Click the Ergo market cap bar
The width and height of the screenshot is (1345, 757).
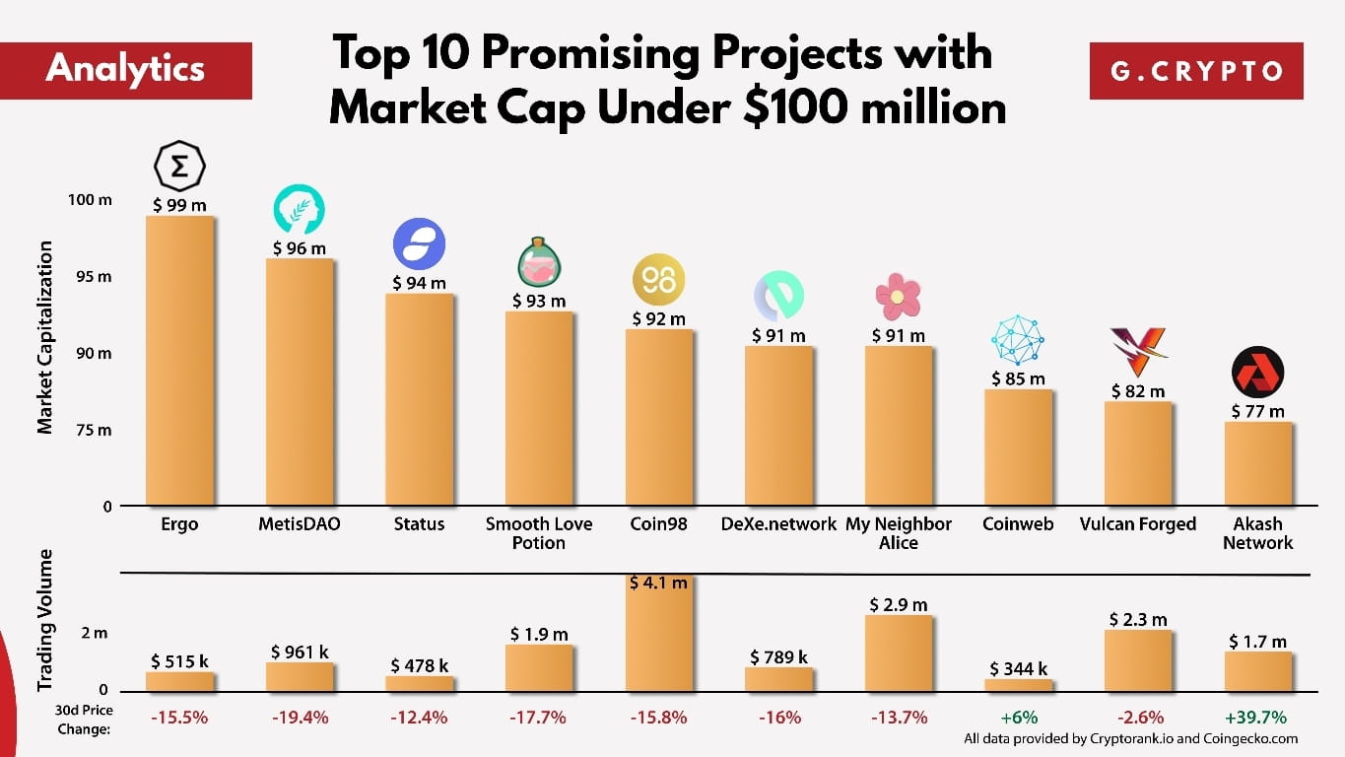[x=179, y=360]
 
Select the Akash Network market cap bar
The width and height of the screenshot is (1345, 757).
[x=1258, y=463]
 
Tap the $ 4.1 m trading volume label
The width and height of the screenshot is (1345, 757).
[x=659, y=583]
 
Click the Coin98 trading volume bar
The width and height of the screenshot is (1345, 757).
[x=659, y=641]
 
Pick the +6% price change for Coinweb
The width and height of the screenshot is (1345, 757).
[x=1018, y=718]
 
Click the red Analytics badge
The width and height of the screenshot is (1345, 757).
[x=126, y=69]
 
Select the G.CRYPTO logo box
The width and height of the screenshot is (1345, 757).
[x=1196, y=71]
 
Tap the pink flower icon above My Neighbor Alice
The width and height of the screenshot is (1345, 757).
[x=898, y=297]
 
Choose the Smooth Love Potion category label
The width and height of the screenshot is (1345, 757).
[x=539, y=533]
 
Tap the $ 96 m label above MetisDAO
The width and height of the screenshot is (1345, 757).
[x=299, y=248]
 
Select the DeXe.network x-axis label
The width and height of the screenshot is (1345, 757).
[x=778, y=523]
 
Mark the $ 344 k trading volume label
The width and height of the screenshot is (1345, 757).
[x=1018, y=669]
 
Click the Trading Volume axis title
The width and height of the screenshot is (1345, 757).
[x=44, y=620]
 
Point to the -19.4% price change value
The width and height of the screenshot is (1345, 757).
[x=299, y=718]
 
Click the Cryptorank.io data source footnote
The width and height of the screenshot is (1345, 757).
[x=1130, y=738]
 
